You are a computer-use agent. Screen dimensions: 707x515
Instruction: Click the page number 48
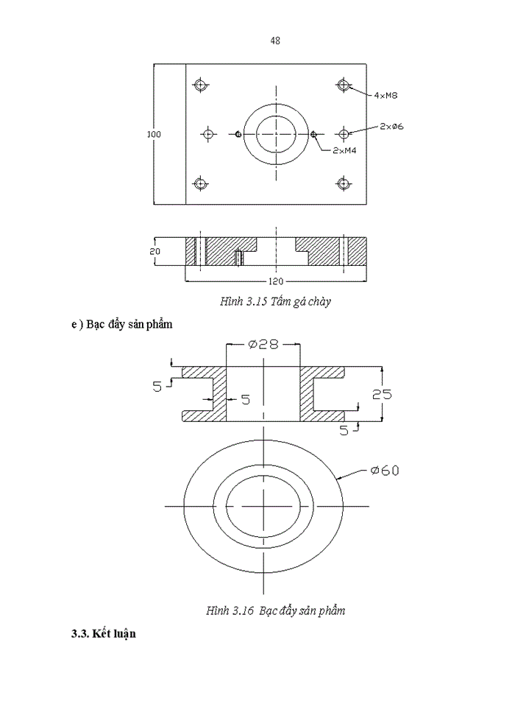point(275,41)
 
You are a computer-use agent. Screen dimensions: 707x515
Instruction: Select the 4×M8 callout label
point(386,96)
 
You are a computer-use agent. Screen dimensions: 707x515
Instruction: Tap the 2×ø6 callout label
point(392,127)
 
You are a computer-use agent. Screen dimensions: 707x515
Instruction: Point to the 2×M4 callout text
point(345,150)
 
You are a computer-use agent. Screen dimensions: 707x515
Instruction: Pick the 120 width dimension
point(275,281)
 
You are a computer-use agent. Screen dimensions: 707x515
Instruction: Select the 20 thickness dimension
point(154,251)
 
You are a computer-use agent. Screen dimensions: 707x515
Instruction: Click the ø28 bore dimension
point(263,345)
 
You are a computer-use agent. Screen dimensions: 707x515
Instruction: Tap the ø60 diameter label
point(385,471)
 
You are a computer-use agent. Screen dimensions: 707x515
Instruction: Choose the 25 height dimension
point(382,395)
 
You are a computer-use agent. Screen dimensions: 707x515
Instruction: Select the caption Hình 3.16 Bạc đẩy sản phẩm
point(276,611)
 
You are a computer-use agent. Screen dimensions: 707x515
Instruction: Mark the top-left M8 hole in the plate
point(199,85)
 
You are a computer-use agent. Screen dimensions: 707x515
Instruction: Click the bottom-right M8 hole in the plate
point(343,183)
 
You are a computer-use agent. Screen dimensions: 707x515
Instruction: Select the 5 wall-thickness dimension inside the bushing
point(245,400)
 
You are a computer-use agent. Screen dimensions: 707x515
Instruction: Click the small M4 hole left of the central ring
point(238,134)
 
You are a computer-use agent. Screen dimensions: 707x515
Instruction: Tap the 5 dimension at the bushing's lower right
point(344,431)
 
